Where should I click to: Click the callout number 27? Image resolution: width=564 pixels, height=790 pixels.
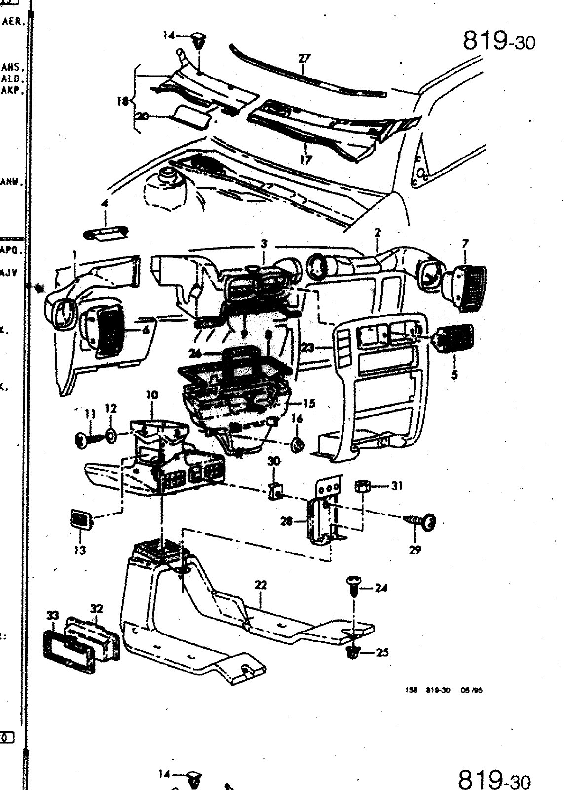coord(304,58)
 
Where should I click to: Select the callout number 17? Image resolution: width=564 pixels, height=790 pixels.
coord(306,159)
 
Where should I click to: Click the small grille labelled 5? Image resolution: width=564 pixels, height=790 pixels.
coord(454,338)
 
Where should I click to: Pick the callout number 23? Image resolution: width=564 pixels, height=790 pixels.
coord(308,348)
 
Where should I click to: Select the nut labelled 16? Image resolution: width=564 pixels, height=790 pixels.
coord(298,445)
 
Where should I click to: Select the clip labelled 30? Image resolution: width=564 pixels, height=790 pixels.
coord(276,491)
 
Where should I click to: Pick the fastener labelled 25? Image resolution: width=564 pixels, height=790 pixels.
coord(353,653)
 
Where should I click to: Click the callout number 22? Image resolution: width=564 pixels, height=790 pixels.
coord(261,586)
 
